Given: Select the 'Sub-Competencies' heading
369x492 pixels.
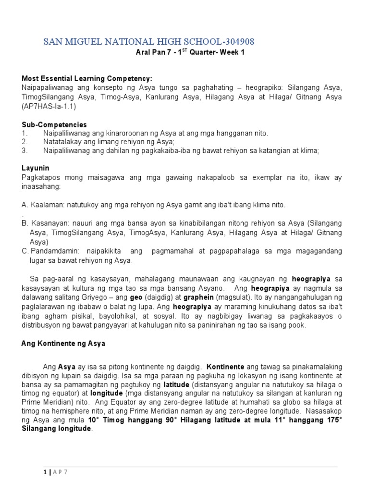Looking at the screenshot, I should pyautogui.click(x=54, y=124).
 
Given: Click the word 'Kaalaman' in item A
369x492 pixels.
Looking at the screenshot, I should pyautogui.click(x=47, y=205).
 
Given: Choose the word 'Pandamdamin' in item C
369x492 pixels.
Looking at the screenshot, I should pyautogui.click(x=54, y=251).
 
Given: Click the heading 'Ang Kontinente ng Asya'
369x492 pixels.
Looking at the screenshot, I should pyautogui.click(x=63, y=344).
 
